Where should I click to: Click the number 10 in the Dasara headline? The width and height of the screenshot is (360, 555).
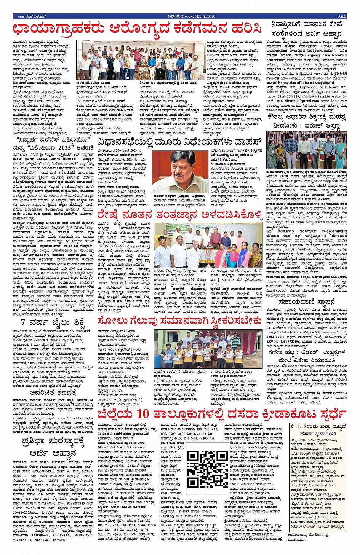tap(143, 415)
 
